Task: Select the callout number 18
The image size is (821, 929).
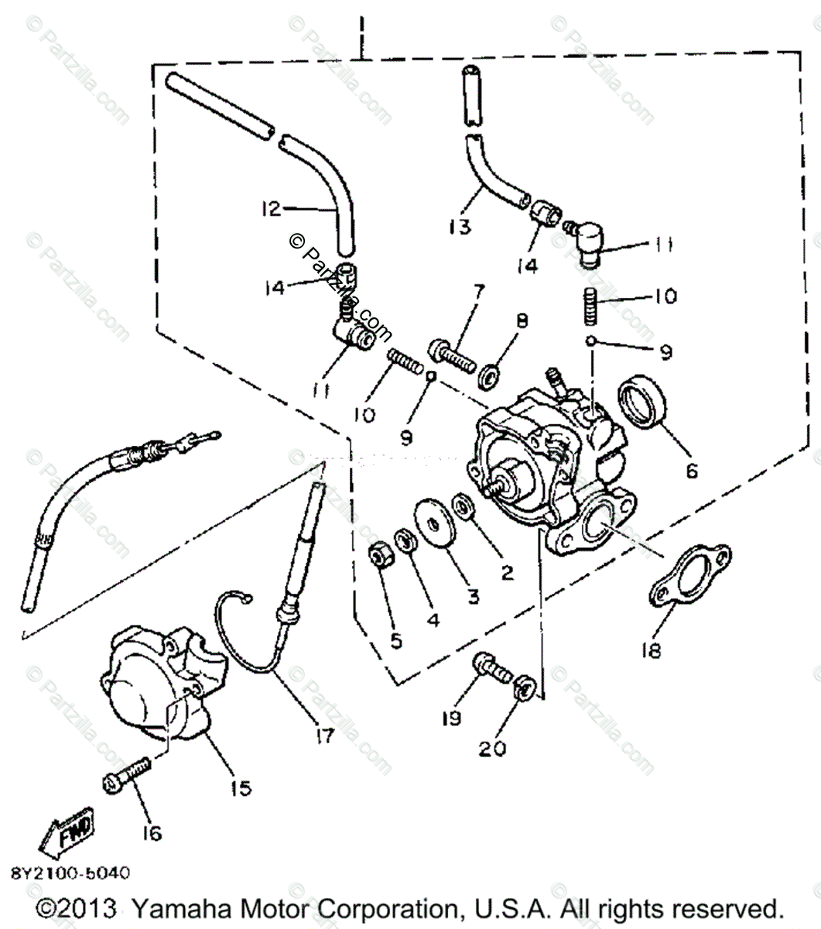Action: pos(652,650)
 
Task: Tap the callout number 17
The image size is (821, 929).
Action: pos(325,736)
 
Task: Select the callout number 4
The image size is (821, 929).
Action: pos(433,619)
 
